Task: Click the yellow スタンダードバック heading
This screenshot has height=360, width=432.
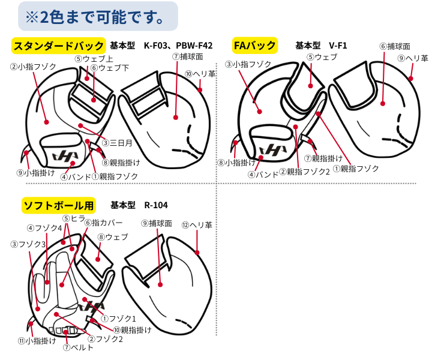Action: pos(58,46)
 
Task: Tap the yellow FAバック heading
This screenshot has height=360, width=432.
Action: pos(254,46)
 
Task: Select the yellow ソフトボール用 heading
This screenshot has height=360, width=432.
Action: pos(58,205)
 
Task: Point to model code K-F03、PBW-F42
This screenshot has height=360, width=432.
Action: pos(178,46)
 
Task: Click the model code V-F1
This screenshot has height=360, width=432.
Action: pos(338,46)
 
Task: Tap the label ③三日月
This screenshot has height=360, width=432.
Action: pos(117,143)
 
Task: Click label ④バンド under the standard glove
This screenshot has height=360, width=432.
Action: pos(76,176)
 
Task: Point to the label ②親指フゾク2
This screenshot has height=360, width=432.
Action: pos(305,172)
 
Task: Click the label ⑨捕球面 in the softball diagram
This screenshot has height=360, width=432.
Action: pos(157,223)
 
